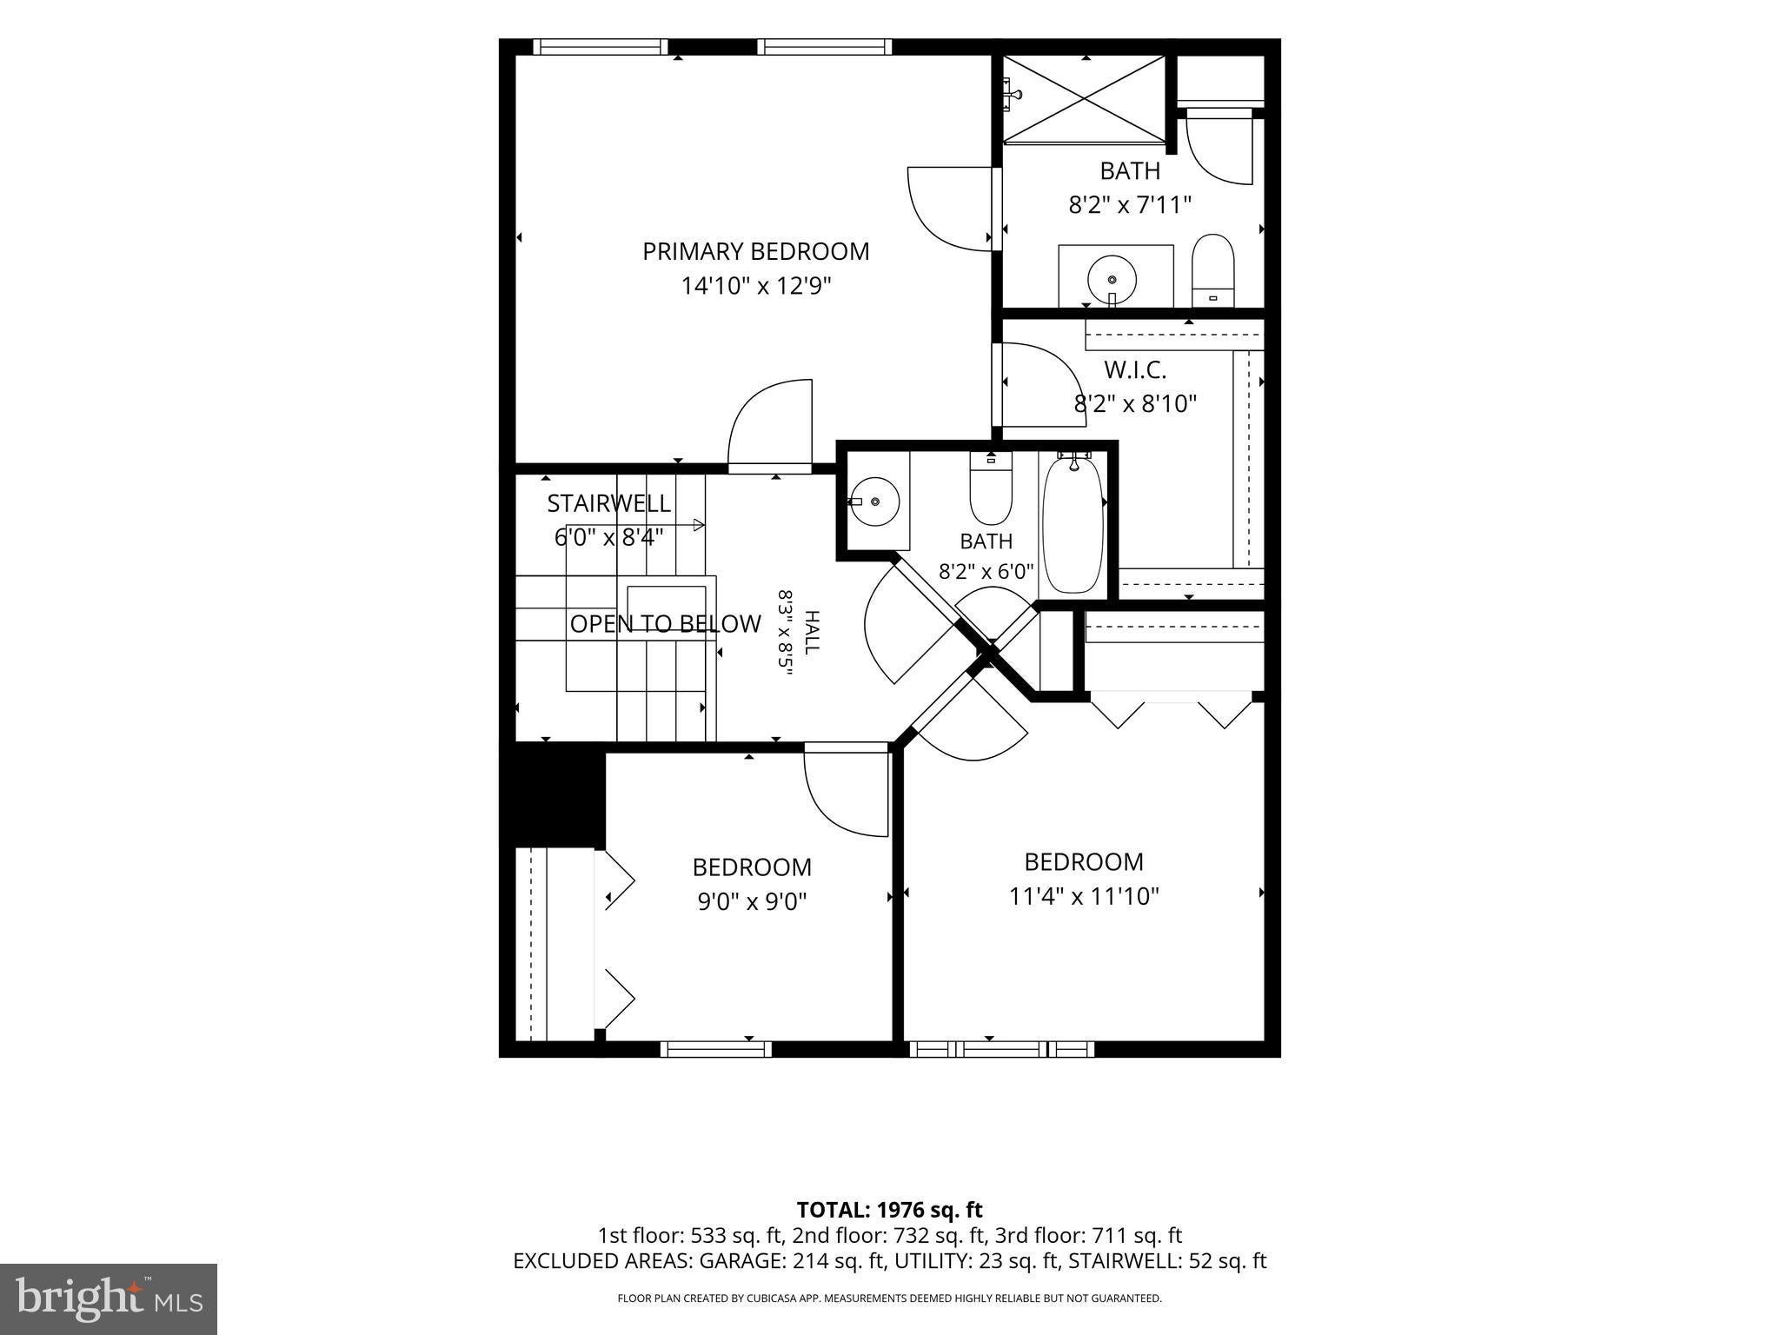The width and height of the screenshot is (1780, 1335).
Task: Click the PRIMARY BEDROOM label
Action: pyautogui.click(x=755, y=251)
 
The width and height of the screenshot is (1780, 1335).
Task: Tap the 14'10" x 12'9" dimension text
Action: pyautogui.click(x=755, y=286)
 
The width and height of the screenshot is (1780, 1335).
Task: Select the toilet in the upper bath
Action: pyautogui.click(x=1212, y=270)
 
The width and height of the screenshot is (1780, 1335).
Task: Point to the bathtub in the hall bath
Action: pyautogui.click(x=1073, y=525)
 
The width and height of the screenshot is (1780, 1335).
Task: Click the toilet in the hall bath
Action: pyautogui.click(x=991, y=488)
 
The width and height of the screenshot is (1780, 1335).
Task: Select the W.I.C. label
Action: pyautogui.click(x=1135, y=369)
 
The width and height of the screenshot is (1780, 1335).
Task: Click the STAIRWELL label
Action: pyautogui.click(x=608, y=503)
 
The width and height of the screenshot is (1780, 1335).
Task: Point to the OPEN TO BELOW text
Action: pyautogui.click(x=665, y=623)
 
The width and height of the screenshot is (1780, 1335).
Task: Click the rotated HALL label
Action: pyautogui.click(x=812, y=633)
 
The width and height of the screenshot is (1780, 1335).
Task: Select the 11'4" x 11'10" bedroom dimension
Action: pyautogui.click(x=1084, y=896)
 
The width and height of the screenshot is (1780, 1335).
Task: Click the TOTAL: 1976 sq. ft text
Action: pyautogui.click(x=889, y=1209)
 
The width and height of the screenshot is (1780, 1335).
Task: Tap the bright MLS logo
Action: pyautogui.click(x=109, y=1298)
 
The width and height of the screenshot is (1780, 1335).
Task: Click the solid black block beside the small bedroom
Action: pyautogui.click(x=552, y=794)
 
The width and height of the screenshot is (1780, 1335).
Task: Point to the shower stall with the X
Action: pyautogui.click(x=1085, y=98)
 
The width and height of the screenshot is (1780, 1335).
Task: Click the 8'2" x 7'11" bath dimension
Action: pyautogui.click(x=1129, y=205)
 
